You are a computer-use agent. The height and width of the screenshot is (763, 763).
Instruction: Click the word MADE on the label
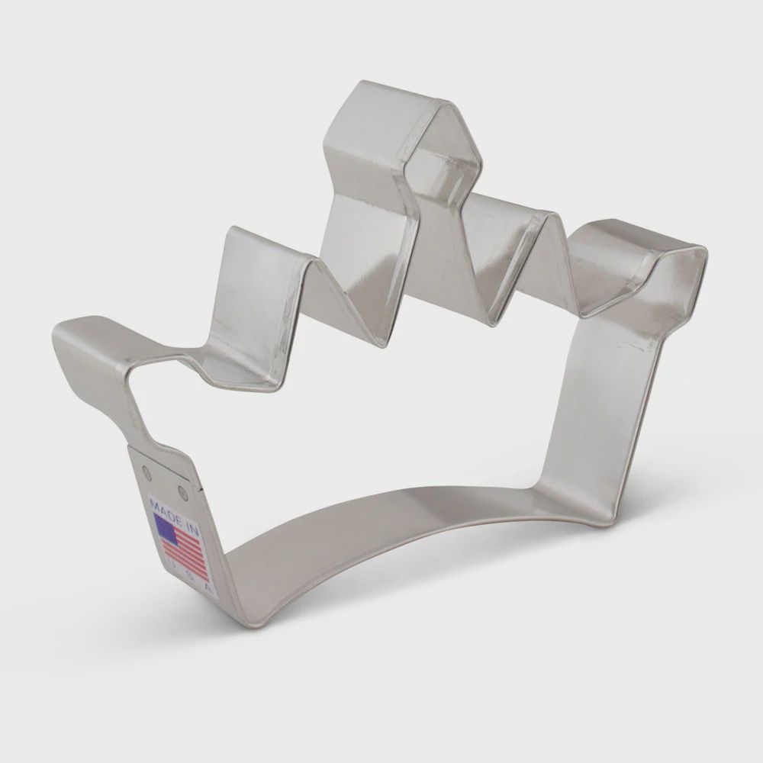(x=162, y=508)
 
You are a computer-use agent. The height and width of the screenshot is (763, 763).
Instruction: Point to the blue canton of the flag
(x=166, y=528)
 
